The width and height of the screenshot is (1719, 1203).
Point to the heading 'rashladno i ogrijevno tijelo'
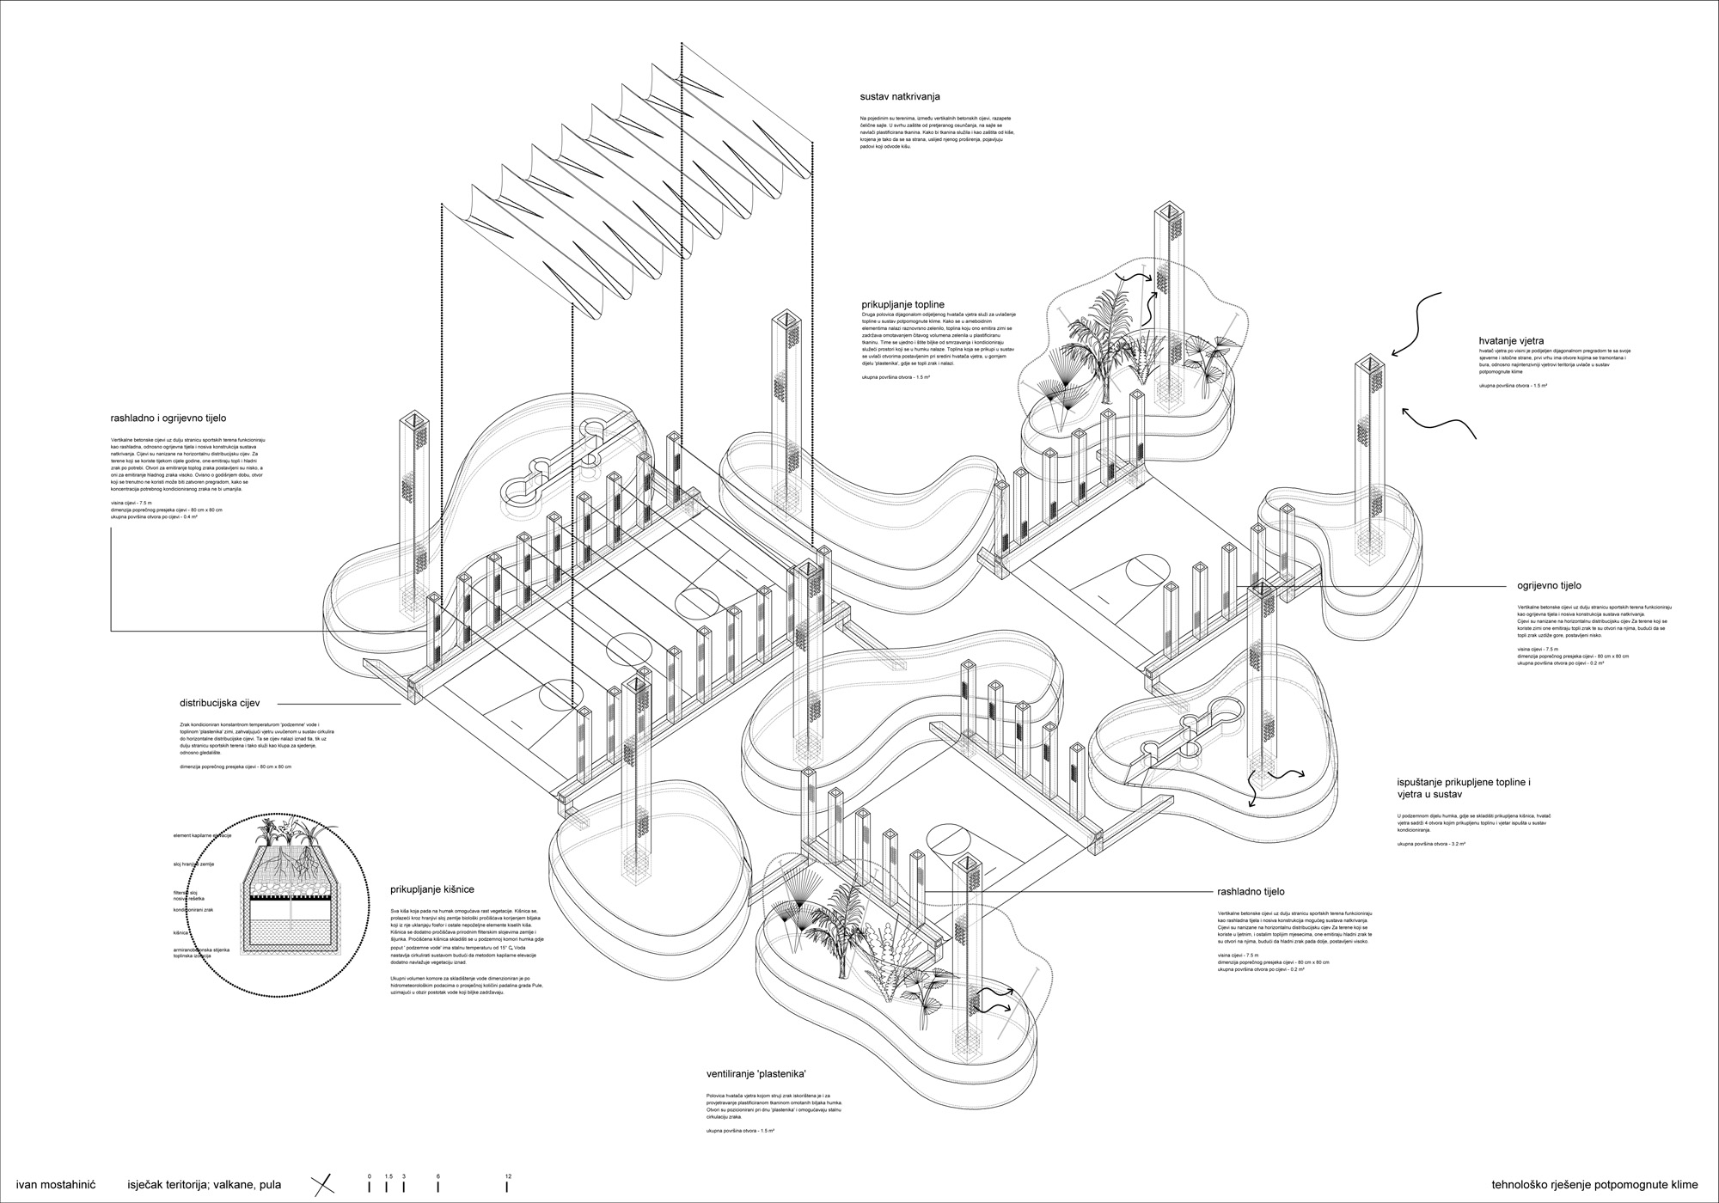(x=168, y=418)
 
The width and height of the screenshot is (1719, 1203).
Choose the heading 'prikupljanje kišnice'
(x=431, y=890)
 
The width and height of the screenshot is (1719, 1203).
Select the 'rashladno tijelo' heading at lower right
(x=1251, y=892)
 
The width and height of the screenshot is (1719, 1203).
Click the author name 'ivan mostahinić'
(x=56, y=1184)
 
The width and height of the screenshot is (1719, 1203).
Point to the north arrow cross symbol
(x=323, y=1184)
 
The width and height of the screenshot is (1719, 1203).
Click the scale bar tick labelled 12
(x=507, y=1185)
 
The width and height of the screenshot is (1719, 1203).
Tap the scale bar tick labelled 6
(x=438, y=1185)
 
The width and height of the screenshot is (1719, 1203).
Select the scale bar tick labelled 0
(x=369, y=1185)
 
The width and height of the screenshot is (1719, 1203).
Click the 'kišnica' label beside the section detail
(x=181, y=931)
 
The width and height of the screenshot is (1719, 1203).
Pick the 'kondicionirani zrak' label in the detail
(x=193, y=909)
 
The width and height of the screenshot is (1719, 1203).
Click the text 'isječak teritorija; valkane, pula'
(x=205, y=1184)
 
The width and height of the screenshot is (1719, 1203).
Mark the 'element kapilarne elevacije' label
(x=206, y=835)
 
